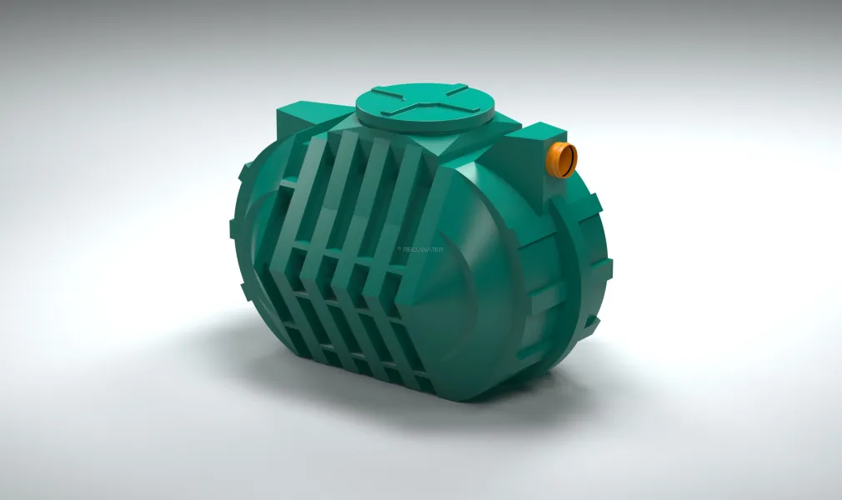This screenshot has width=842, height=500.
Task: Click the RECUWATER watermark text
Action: tap(424, 248)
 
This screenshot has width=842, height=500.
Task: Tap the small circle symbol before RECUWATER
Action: tap(400, 248)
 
